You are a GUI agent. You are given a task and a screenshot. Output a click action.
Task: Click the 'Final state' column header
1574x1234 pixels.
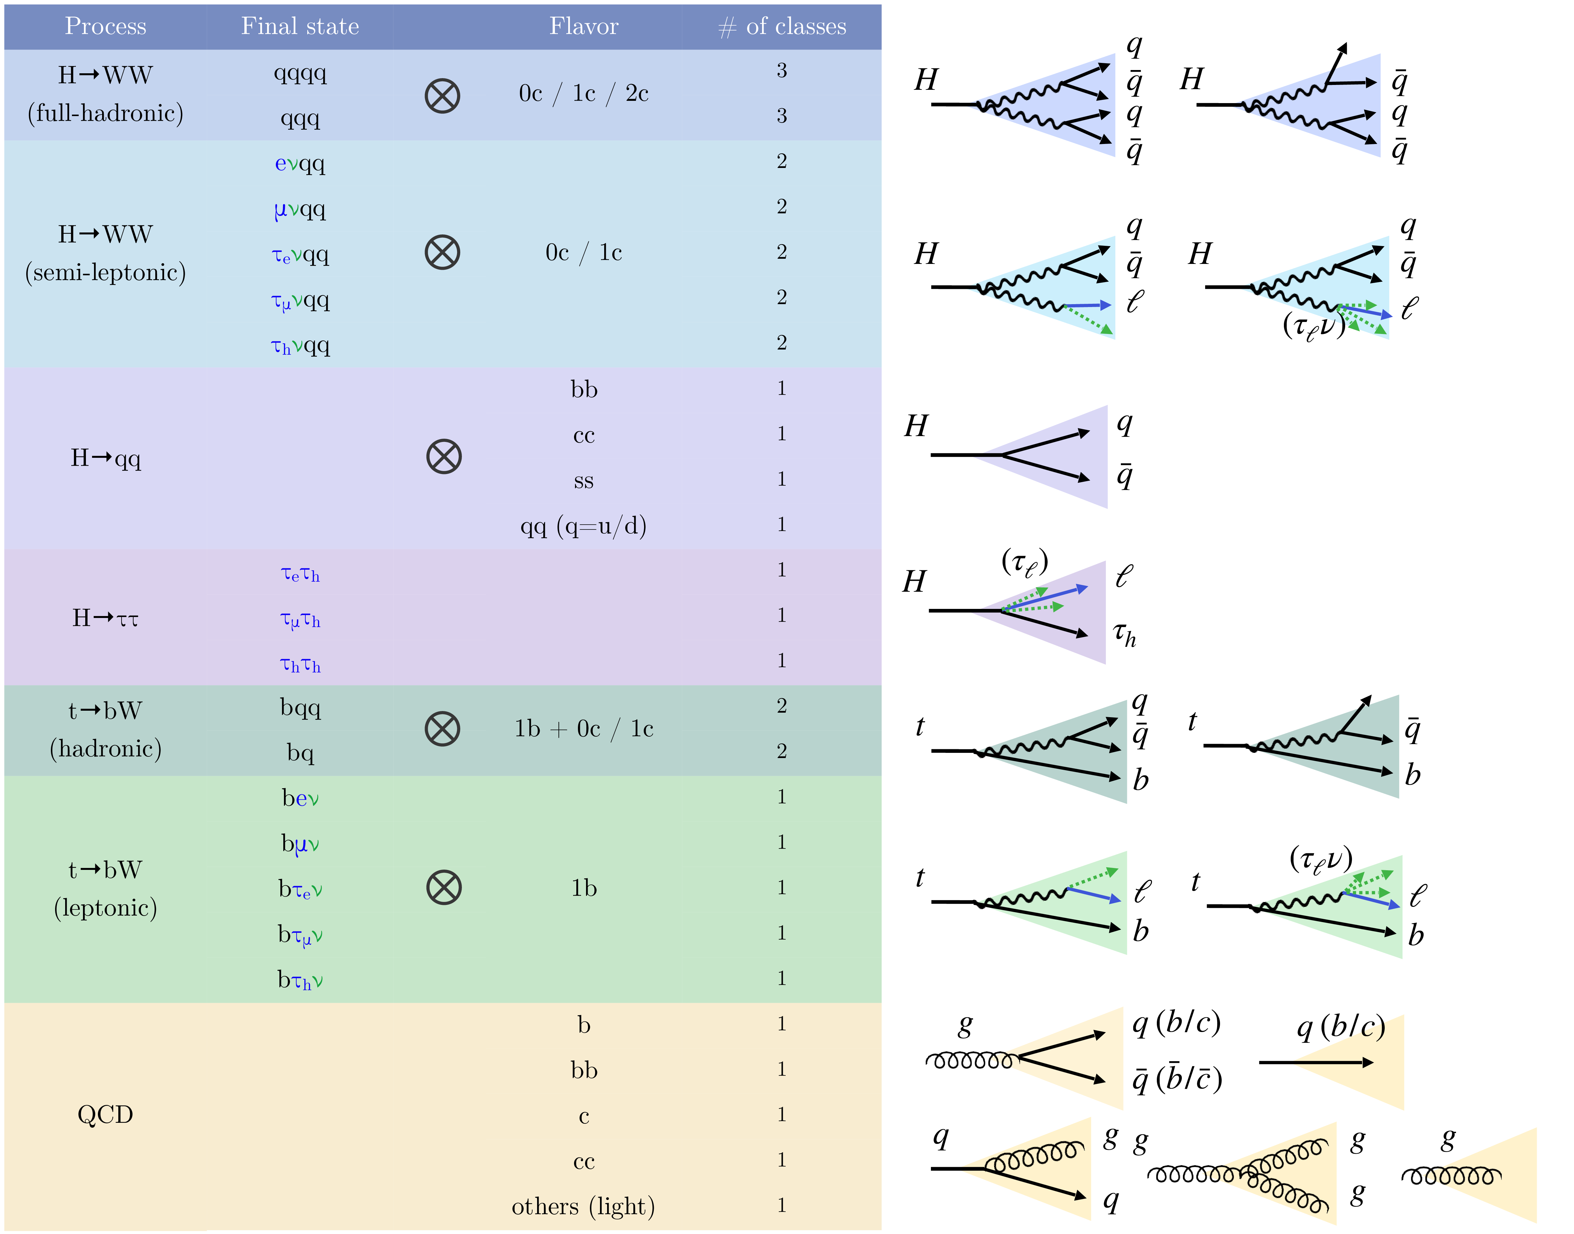(300, 27)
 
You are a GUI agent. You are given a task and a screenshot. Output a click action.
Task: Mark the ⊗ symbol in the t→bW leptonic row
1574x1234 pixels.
(443, 888)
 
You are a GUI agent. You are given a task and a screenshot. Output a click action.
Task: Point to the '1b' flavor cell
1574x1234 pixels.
(584, 888)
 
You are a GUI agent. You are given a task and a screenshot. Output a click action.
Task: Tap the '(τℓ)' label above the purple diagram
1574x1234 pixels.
(1024, 562)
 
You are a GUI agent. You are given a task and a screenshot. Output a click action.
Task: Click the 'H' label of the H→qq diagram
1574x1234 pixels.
(916, 426)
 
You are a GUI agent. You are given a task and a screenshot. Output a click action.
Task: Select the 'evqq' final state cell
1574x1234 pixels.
(300, 164)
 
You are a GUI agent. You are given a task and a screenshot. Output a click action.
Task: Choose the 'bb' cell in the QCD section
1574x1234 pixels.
(584, 1070)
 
